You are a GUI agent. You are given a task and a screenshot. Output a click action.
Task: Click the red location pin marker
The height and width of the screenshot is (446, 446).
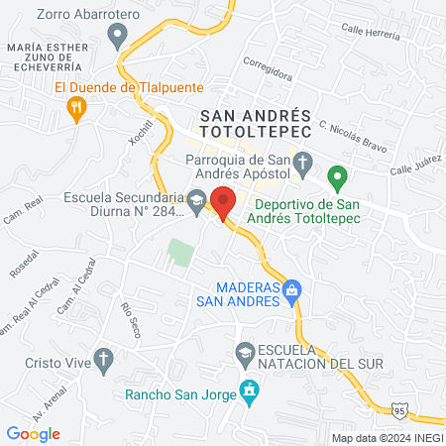tap(224, 202)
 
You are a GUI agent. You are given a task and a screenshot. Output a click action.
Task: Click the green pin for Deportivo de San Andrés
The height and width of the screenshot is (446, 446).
tap(337, 180)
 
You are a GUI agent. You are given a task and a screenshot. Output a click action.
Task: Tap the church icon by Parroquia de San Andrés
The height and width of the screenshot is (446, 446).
tap(304, 161)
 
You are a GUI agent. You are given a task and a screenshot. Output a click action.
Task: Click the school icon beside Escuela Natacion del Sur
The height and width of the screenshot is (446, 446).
tap(244, 352)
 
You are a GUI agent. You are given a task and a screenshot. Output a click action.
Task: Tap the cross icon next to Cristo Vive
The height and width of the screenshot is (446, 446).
tap(103, 361)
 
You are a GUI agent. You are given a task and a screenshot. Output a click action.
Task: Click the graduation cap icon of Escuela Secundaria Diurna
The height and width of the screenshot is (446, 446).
tap(196, 199)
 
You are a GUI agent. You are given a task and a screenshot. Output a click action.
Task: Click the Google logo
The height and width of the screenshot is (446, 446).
tap(34, 433)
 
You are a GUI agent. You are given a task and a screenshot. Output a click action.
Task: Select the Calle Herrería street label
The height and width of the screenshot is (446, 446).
tap(373, 31)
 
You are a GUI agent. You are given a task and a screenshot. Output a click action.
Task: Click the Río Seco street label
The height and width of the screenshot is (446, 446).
tap(129, 319)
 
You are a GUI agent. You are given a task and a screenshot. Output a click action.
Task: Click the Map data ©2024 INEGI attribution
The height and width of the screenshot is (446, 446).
tap(387, 437)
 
